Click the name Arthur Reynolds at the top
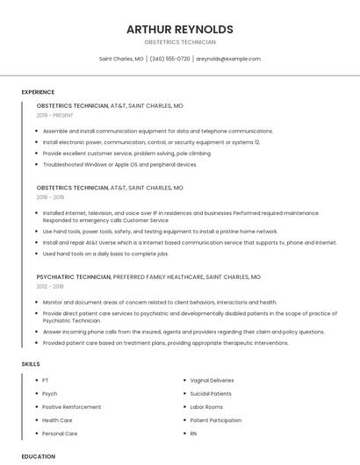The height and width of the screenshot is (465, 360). pos(179,29)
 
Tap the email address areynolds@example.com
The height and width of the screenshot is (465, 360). pos(227,59)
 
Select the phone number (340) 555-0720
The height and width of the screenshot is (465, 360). pos(169,59)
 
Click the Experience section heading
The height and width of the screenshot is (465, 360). pos(38,92)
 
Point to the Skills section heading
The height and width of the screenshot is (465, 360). pos(31,363)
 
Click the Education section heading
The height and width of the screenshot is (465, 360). pos(38,456)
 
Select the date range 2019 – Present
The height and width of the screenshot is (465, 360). pos(55,115)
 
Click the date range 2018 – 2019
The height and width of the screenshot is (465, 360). pos(51,197)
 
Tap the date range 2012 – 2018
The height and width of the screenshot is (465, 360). pos(50,286)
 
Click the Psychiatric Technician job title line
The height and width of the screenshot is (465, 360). pos(148,276)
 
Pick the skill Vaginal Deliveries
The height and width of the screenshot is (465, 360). pos(212,381)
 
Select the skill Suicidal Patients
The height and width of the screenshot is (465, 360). pos(211,394)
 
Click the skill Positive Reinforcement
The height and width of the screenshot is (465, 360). pos(71,407)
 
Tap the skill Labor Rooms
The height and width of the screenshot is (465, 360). pos(206,407)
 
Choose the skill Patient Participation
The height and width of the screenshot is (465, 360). pos(215,420)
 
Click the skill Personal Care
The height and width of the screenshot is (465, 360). pos(60,433)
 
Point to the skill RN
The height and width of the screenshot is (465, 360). pos(193,433)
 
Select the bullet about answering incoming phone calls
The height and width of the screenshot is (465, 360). pos(183,333)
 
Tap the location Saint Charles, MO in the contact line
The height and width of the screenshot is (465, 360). pos(121,59)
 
